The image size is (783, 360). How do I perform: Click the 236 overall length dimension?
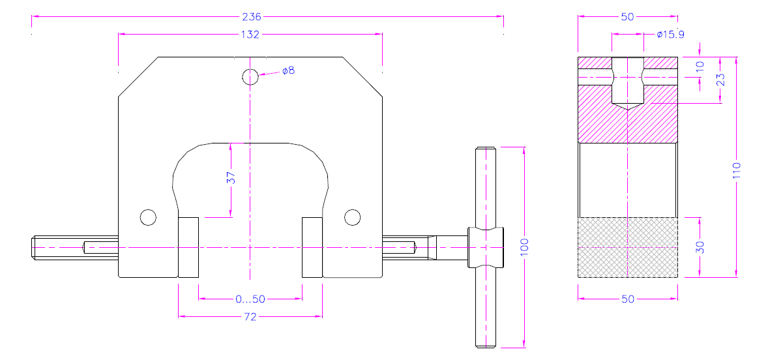click(x=251, y=17)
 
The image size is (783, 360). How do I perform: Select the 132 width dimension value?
click(x=250, y=35)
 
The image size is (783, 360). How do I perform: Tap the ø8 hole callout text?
click(x=288, y=70)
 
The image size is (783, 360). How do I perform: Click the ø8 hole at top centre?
click(x=250, y=77)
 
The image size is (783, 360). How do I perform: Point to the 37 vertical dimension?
click(x=231, y=178)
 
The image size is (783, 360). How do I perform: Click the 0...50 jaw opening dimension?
click(x=250, y=299)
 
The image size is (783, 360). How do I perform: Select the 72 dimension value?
click(x=250, y=317)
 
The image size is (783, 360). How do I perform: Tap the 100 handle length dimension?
click(x=524, y=247)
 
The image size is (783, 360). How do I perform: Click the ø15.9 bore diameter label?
click(x=670, y=35)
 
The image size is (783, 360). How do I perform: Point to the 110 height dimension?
click(x=737, y=171)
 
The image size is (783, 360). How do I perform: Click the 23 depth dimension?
click(x=720, y=80)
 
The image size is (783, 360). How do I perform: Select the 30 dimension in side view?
click(x=700, y=247)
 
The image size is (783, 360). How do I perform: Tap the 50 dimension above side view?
click(x=627, y=17)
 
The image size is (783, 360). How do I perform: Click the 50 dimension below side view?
click(x=628, y=299)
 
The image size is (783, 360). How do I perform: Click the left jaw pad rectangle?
click(x=188, y=247)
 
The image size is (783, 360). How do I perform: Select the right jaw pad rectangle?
click(x=312, y=247)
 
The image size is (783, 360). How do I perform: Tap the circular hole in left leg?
click(x=148, y=217)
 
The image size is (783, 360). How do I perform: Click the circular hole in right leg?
click(x=352, y=217)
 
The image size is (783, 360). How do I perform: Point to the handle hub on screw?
click(x=486, y=247)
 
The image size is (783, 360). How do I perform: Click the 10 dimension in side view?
click(x=700, y=67)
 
